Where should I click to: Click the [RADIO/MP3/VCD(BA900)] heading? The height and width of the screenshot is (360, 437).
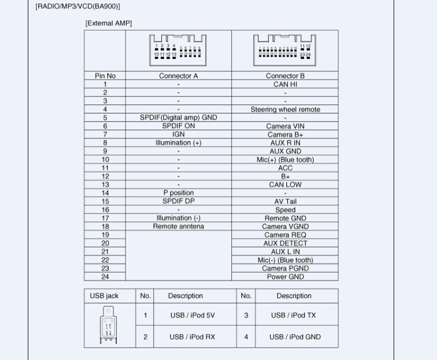tap(78, 6)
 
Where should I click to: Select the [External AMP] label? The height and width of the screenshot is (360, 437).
tap(108, 23)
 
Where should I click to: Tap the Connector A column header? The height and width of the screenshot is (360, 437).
tap(178, 76)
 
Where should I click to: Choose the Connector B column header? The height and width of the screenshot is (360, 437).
tap(285, 76)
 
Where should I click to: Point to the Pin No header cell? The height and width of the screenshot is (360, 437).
tap(105, 76)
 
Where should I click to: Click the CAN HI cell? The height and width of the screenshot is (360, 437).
tap(285, 84)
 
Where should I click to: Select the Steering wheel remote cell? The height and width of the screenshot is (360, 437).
tap(285, 109)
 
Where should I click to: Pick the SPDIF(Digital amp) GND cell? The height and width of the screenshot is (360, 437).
tap(178, 118)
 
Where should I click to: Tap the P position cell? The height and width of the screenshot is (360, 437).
tap(178, 193)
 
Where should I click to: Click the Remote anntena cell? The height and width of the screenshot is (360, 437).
tap(178, 227)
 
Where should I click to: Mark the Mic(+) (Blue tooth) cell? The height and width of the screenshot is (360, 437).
tap(285, 159)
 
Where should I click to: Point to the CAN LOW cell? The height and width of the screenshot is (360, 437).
tap(285, 184)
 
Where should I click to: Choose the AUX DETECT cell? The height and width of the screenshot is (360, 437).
tap(285, 243)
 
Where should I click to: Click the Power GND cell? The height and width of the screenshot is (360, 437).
tap(285, 277)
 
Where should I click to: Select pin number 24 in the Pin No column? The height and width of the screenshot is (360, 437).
tap(105, 277)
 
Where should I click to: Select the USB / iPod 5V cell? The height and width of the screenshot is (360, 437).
tap(192, 316)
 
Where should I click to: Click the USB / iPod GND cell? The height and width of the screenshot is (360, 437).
tap(296, 337)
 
